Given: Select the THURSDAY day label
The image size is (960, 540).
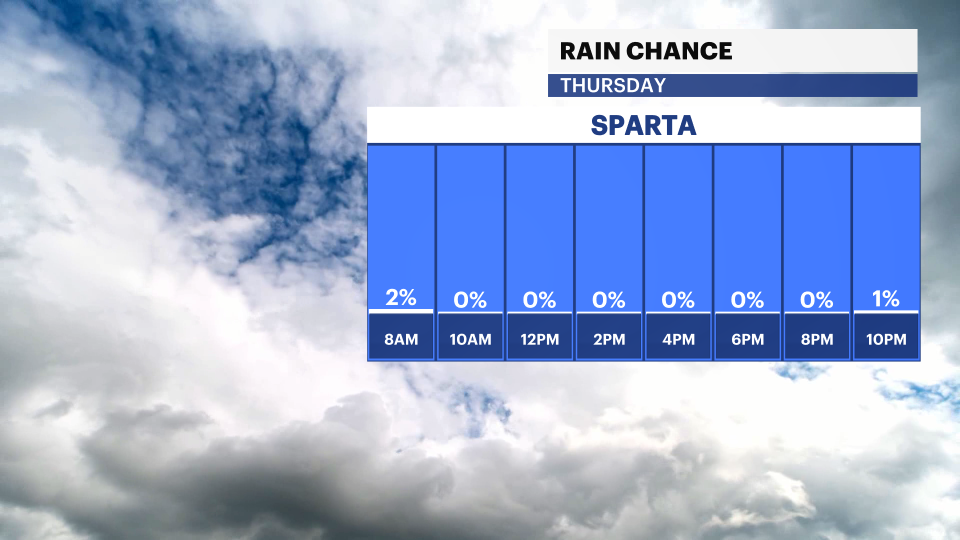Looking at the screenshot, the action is tap(613, 85).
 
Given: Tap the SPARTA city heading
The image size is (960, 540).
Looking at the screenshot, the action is tap(643, 125).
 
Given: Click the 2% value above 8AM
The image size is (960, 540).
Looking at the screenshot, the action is tap(401, 297).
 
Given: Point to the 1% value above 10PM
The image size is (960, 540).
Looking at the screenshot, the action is tap(886, 299).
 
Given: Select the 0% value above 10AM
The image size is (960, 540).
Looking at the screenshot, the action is tap(470, 300).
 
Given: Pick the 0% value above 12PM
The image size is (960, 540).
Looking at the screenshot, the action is tap(539, 300).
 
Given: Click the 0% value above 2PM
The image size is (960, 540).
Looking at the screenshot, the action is tap(609, 300).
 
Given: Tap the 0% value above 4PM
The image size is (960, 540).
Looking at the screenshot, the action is tap(678, 300).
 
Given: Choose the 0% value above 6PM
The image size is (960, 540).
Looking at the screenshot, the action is tap(747, 300).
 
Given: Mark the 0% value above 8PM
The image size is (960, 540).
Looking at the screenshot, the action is tap(817, 300).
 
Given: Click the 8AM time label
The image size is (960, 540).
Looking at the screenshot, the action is tap(401, 339).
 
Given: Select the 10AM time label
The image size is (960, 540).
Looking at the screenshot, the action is tap(470, 339).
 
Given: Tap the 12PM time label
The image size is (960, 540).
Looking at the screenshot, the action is tap(540, 339).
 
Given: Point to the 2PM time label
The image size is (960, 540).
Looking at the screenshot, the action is tap(609, 339).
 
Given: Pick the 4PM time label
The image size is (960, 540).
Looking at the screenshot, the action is tap(678, 339).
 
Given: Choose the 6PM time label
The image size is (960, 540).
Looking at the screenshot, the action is tap(748, 339).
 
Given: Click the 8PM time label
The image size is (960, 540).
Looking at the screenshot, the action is tap(817, 339).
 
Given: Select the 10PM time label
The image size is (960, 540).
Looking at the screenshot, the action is tap(886, 339).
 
